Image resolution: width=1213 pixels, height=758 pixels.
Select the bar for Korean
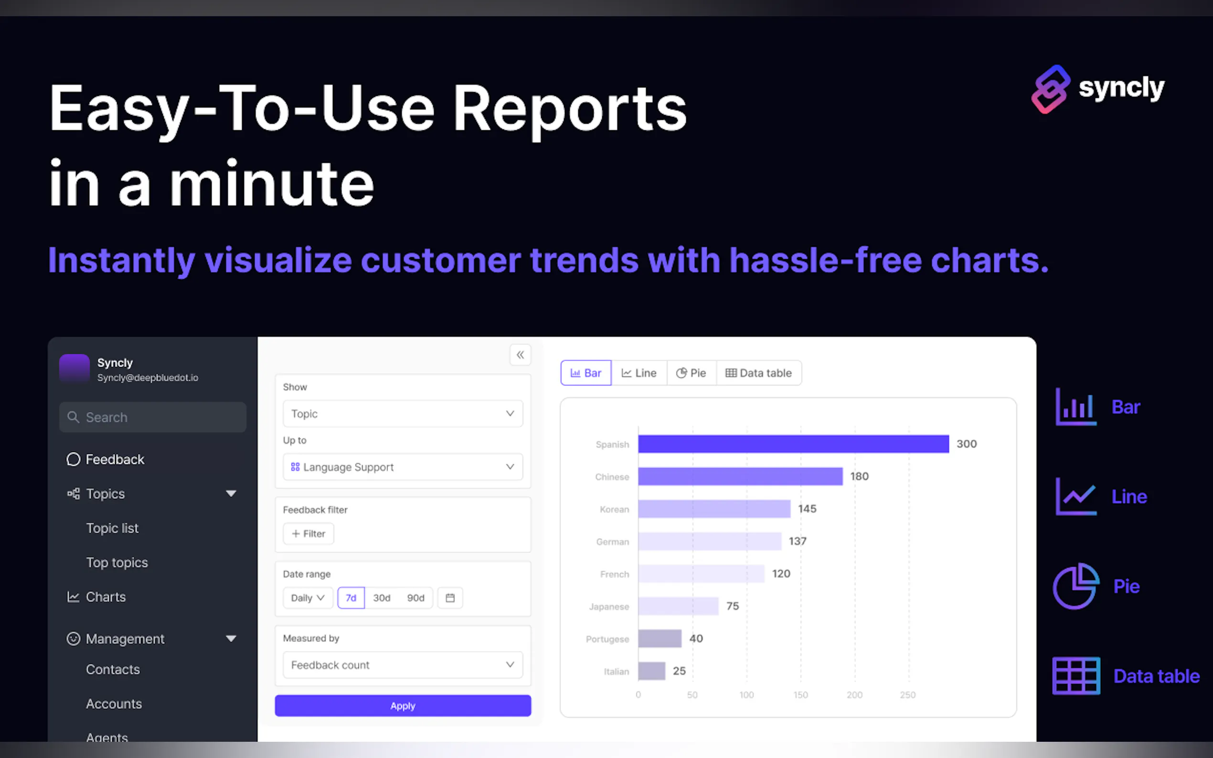[x=714, y=509]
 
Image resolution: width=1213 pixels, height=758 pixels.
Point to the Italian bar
[x=651, y=671]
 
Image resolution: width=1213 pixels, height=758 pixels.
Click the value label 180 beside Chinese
[x=860, y=476]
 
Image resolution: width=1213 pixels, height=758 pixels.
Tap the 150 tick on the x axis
[x=800, y=695]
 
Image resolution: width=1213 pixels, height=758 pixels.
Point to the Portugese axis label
[x=607, y=639]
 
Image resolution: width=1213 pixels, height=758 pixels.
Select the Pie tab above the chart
[x=691, y=373]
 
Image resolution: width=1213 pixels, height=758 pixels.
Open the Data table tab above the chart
[x=759, y=373]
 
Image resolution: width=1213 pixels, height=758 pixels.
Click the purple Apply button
[x=403, y=705]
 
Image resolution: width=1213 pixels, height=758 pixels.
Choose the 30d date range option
[x=382, y=598]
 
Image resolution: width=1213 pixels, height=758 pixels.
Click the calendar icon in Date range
[x=450, y=598]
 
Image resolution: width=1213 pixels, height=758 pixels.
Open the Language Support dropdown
[x=403, y=467]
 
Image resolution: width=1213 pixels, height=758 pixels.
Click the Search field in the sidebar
[x=152, y=417]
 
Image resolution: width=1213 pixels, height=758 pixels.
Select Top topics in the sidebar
[x=117, y=562]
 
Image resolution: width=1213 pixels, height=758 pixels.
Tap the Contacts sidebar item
[x=113, y=669]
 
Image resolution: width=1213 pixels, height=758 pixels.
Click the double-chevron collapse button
[x=521, y=355]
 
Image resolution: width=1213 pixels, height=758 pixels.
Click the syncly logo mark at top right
[x=1051, y=89]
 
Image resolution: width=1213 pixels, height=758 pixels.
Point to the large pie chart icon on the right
[x=1075, y=586]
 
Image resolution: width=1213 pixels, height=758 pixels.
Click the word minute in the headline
[x=272, y=183]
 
